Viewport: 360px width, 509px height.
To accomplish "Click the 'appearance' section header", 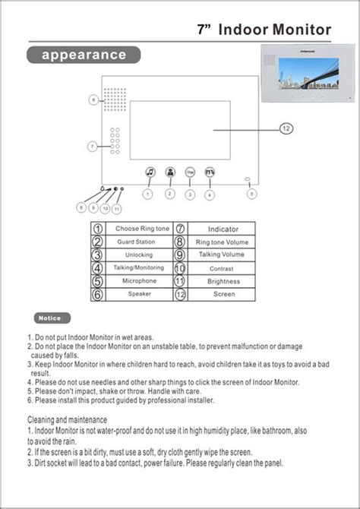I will [84, 55].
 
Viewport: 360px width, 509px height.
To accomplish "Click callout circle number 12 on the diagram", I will [286, 128].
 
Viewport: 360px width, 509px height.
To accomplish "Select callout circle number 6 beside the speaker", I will [93, 100].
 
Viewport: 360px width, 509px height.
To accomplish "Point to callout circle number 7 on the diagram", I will [93, 146].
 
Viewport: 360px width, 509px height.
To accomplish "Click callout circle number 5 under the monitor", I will [252, 194].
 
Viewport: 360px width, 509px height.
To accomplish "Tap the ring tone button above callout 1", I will [150, 172].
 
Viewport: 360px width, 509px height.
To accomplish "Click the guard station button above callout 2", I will [170, 172].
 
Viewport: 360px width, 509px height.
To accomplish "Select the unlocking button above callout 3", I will [190, 172].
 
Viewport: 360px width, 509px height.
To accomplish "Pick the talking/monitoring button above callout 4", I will [210, 172].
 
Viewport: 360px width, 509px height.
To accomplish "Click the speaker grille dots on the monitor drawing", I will [115, 100].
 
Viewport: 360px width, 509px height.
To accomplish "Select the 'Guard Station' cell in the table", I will [136, 242].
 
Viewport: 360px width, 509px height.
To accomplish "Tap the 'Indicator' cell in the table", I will [223, 229].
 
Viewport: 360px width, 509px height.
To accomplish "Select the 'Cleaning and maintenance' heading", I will [68, 419].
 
